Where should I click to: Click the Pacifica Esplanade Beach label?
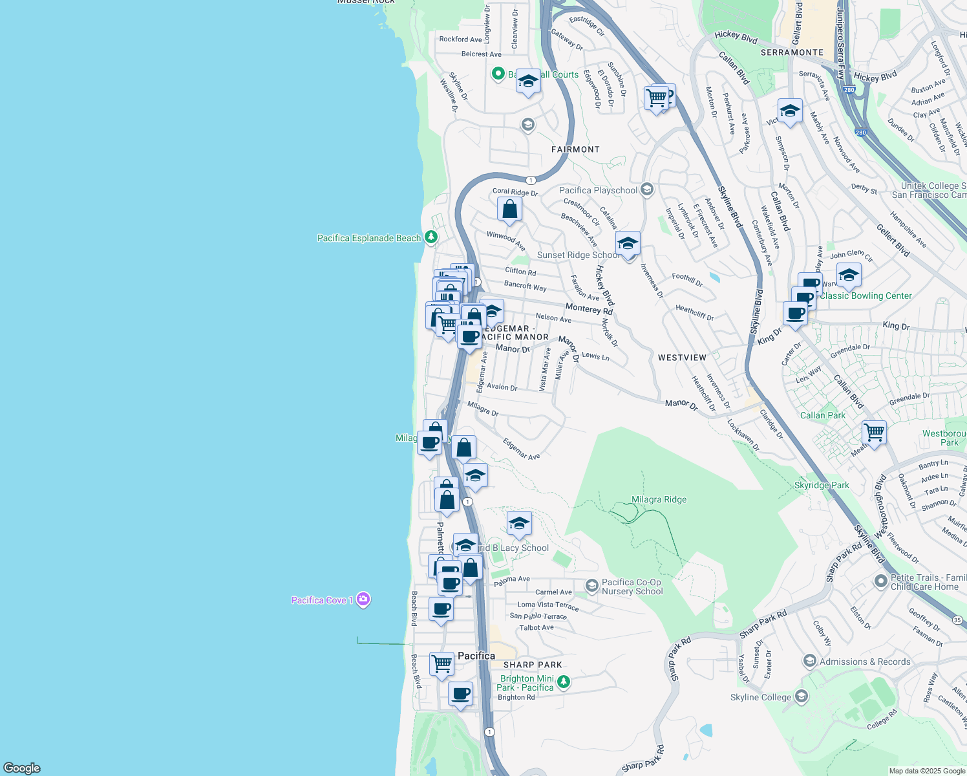[x=368, y=238]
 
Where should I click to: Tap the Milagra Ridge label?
[x=659, y=499]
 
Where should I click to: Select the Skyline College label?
[x=760, y=697]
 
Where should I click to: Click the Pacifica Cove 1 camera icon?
[x=363, y=599]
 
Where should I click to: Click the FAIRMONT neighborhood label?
[x=575, y=149]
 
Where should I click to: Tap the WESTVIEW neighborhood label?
[x=682, y=358]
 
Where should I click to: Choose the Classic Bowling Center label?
[x=866, y=296]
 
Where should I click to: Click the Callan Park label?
[x=822, y=415]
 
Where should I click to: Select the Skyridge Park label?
[x=822, y=485]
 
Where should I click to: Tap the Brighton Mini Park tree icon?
[x=564, y=682]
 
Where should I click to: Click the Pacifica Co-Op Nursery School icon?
[x=591, y=585]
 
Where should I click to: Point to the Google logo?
[x=21, y=768]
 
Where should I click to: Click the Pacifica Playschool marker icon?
[x=647, y=189]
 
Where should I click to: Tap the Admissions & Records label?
[x=864, y=662]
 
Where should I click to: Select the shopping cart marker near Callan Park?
[x=874, y=431]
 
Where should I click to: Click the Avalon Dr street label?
[x=502, y=387]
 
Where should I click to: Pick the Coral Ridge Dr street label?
[x=515, y=192]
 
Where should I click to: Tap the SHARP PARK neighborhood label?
[x=533, y=665]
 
